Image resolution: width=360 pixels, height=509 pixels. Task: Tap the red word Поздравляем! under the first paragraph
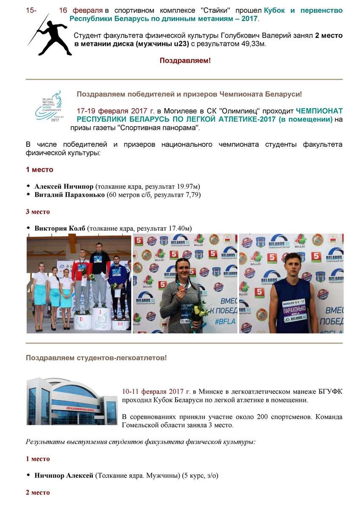tap(185, 61)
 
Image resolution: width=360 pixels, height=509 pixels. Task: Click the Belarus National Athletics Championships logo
tap(49, 106)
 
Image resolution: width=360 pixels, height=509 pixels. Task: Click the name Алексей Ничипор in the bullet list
tap(64, 187)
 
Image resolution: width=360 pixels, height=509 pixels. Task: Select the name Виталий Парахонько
tap(70, 195)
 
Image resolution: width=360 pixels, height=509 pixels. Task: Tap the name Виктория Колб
tap(60, 229)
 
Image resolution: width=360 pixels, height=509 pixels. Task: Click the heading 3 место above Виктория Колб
tap(38, 212)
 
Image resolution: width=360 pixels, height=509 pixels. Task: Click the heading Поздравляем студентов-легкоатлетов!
tap(96, 358)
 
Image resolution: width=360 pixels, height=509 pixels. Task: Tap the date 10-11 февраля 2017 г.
tap(156, 392)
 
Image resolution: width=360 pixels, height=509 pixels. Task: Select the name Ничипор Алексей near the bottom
tap(64, 476)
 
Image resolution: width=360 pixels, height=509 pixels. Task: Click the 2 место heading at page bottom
tap(38, 492)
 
